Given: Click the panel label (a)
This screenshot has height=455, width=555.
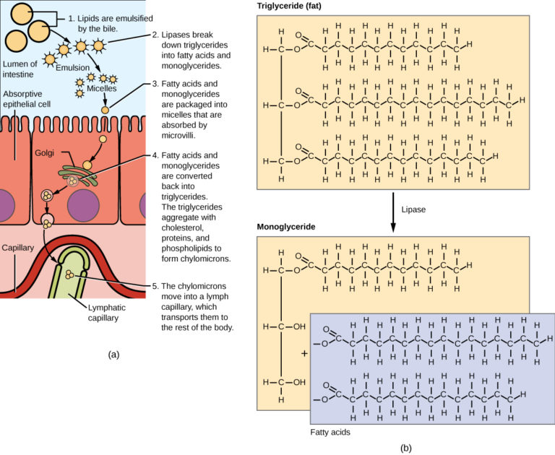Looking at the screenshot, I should (113, 354).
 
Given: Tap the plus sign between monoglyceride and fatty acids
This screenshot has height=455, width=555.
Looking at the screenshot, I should (304, 354).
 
